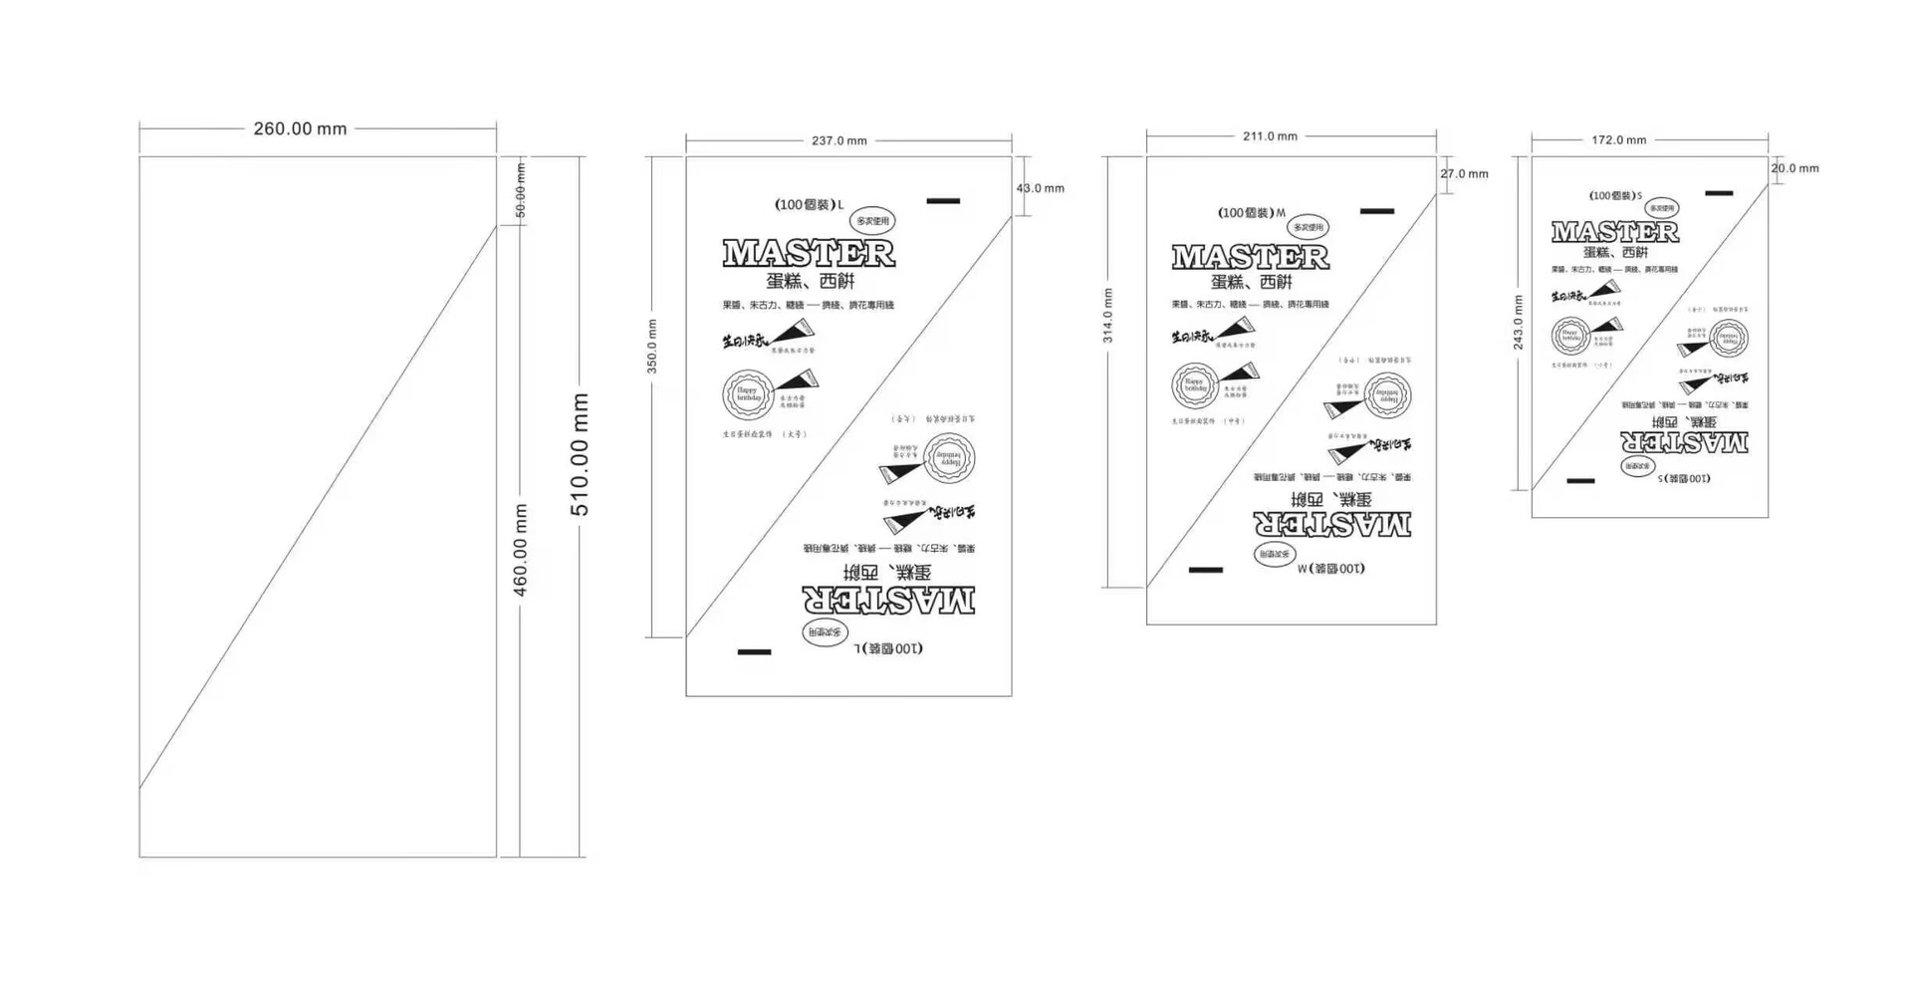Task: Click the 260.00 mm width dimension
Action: coord(300,128)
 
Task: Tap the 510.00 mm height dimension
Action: coord(580,454)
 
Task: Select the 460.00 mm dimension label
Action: coord(520,550)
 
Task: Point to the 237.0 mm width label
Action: coord(838,141)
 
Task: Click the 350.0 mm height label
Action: coord(652,347)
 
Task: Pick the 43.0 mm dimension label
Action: coord(1040,188)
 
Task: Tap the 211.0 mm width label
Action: coord(1270,136)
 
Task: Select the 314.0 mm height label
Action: coord(1108,316)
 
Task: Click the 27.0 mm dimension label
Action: coord(1464,174)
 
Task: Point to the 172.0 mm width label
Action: coord(1618,140)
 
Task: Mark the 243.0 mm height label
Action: coord(1519,322)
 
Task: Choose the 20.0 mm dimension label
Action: coord(1794,168)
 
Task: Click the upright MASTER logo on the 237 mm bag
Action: coord(809,254)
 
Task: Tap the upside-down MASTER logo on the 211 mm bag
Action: coord(1331,523)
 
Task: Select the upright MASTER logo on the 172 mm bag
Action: coord(1615,233)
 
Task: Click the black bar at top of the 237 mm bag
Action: coord(943,201)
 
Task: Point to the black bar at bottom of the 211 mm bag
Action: coord(1205,571)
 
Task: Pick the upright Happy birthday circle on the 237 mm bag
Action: coord(748,394)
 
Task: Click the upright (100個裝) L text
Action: coord(809,205)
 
